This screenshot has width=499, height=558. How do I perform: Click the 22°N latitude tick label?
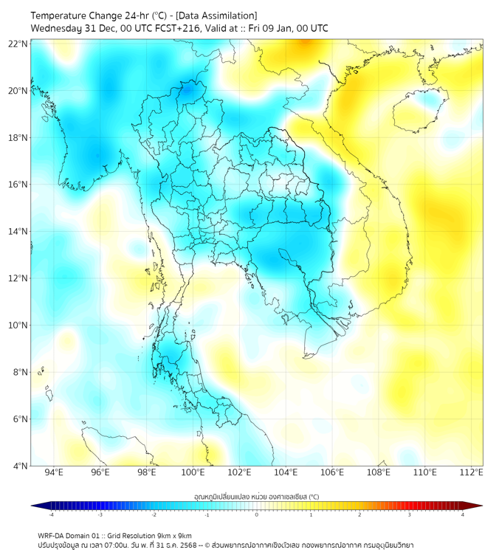18,44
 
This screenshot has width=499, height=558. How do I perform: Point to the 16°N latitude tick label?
18,184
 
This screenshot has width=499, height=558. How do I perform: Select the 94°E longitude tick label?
54,473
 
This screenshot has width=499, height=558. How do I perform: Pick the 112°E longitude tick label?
472,473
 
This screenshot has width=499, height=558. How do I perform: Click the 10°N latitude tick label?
18,325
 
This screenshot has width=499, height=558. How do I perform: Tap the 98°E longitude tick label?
147,473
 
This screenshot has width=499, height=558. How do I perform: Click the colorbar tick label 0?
257,514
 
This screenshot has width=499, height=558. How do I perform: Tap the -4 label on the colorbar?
50,514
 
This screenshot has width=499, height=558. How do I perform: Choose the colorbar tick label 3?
411,514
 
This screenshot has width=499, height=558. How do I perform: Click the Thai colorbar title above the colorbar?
256,497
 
